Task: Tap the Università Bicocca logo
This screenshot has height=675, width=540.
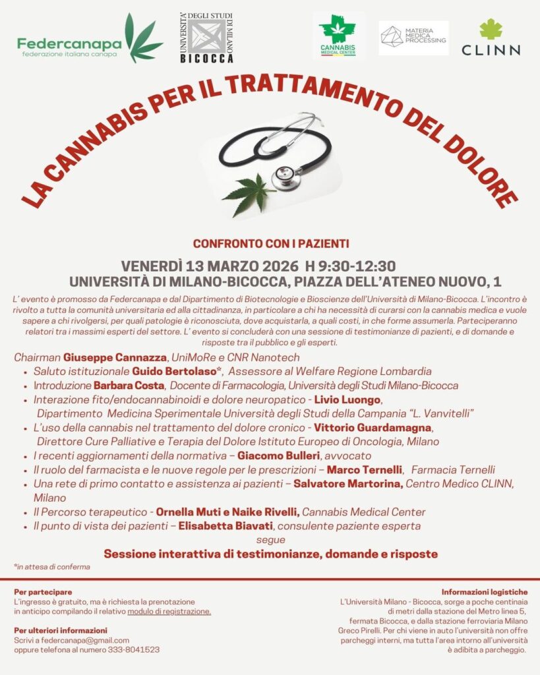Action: click(206, 38)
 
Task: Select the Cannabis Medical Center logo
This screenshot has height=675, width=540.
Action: click(337, 36)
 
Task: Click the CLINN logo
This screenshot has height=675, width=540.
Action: click(491, 38)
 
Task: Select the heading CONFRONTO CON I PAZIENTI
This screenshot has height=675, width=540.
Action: click(271, 244)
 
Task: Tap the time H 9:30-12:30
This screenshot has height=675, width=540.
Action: click(350, 266)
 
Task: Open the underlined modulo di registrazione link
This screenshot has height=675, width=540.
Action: click(169, 611)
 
